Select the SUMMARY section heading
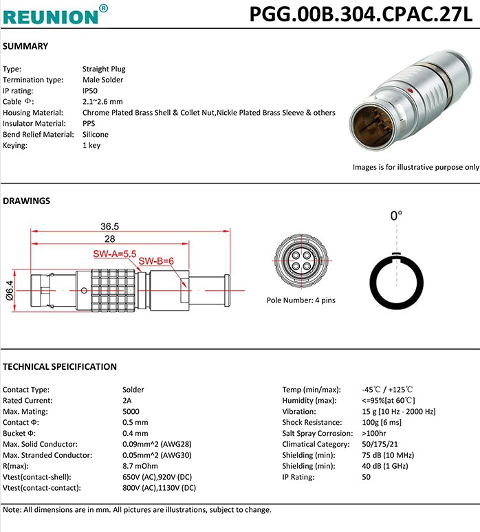point(25,46)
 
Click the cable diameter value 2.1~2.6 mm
point(102,102)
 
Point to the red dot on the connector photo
point(411,90)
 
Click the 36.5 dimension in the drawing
point(109,226)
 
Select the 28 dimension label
point(109,239)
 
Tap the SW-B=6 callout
point(157,261)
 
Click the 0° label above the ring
point(397,216)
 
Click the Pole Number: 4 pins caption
point(301,300)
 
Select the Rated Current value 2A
point(127,401)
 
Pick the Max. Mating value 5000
point(131,412)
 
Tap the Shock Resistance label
point(312,423)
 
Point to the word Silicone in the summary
point(96,135)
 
